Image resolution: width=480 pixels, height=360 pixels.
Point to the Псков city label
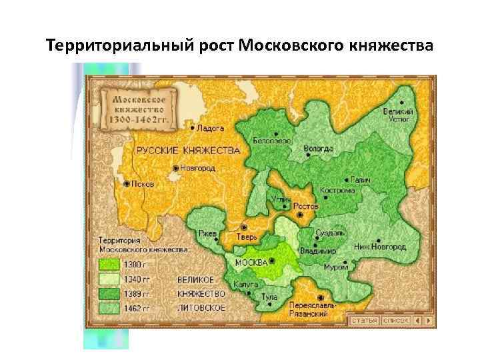click(143, 183)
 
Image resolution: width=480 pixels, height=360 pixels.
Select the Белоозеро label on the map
click(272, 141)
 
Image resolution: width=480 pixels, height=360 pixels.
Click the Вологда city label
click(318, 149)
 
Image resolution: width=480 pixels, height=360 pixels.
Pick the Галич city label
click(362, 180)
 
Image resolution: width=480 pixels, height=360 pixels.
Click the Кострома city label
click(337, 190)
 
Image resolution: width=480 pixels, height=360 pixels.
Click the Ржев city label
click(207, 233)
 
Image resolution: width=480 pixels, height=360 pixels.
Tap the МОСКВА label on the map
click(251, 261)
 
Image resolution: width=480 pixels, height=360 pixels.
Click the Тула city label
click(269, 297)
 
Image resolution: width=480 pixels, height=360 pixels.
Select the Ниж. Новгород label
click(380, 247)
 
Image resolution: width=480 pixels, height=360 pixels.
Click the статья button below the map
click(364, 321)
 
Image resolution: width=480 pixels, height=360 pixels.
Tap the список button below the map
click(396, 321)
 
